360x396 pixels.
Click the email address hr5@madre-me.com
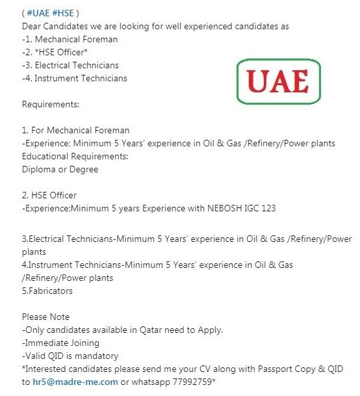tap(75, 382)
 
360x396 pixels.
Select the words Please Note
tap(45, 317)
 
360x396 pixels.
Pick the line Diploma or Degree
tap(59, 169)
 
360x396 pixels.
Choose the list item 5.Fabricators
tap(47, 291)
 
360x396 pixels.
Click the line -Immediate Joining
tap(60, 343)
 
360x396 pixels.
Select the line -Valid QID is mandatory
tap(70, 356)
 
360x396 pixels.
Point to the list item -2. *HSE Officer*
tap(55, 52)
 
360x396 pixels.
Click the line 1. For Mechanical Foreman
tap(75, 130)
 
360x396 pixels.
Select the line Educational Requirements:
tap(74, 156)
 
